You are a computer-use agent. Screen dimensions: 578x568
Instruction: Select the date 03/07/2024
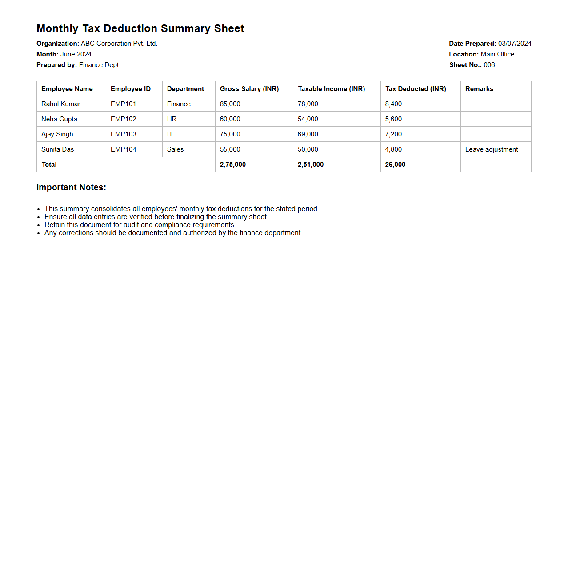point(515,44)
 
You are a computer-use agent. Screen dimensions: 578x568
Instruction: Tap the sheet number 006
point(489,65)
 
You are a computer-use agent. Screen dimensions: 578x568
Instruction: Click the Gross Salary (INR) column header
point(249,89)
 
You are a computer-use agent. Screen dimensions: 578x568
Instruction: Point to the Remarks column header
point(479,89)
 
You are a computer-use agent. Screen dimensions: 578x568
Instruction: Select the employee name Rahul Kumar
point(61,104)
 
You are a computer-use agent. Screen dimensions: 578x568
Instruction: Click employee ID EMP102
point(124,119)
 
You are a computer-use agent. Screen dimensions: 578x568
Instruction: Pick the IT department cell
point(170,134)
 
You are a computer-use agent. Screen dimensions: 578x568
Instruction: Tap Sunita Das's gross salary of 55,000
point(230,149)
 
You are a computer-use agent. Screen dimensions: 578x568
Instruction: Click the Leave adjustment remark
point(492,149)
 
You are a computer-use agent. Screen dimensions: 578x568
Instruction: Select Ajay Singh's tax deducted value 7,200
point(393,134)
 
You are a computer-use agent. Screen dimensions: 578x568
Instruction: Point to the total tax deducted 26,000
point(395,165)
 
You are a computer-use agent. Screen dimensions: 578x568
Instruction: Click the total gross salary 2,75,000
point(233,165)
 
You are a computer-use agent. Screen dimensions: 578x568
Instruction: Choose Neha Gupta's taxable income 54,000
point(308,119)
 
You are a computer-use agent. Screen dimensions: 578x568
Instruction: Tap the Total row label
point(49,165)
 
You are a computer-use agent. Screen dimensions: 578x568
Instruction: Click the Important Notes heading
point(71,188)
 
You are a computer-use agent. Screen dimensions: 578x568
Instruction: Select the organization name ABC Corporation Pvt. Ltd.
point(119,44)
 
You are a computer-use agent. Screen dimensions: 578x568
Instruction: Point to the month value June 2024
point(76,54)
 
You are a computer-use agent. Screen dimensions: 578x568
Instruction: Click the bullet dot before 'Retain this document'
point(39,225)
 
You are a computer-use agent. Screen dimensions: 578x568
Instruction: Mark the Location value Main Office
point(497,54)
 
